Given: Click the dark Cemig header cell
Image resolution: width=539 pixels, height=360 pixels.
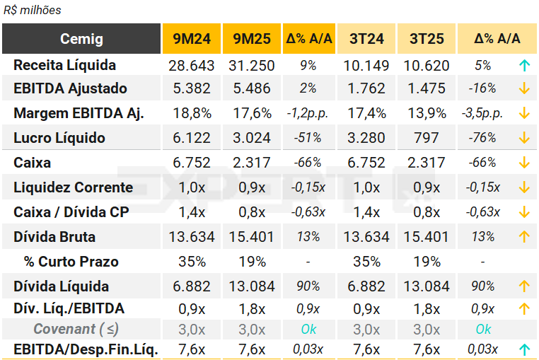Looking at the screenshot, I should coord(81,39).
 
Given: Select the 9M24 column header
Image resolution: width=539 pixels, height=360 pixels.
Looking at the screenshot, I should coord(191,39).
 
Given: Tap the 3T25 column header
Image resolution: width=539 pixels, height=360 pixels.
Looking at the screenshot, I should coord(427,39).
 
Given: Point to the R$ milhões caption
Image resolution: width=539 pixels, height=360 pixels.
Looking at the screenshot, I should coord(32,10).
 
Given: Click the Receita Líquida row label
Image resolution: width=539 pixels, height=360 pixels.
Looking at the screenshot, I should coord(64,65).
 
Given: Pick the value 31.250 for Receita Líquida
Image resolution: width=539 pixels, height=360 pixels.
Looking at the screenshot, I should coord(251,65).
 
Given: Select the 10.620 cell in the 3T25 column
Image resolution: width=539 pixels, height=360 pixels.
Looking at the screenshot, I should coord(427,65).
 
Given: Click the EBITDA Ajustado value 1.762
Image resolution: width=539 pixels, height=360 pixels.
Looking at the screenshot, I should coord(366,88).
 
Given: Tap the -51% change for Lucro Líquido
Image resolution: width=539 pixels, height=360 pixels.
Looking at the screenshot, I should coord(308,138).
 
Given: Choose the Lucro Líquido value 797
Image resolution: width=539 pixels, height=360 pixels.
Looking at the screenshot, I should coord(427,138).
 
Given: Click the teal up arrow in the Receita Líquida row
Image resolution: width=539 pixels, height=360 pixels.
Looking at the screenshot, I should coord(523,65).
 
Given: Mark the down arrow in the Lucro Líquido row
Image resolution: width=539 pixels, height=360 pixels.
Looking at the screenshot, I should coord(523,138).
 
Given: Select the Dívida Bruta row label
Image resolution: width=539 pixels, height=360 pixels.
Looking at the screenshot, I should coord(54,237).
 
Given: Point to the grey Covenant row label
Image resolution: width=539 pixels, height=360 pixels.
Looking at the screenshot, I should coord(76,329).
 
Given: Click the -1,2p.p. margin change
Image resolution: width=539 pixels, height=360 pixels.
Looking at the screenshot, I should coord(308,113).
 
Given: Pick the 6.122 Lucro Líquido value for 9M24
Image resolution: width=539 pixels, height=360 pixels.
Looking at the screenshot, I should coord(191,138).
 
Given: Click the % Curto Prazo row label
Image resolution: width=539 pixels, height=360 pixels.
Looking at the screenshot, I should coord(71,262).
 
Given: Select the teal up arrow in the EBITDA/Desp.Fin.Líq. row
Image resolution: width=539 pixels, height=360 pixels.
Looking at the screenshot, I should coord(523,349).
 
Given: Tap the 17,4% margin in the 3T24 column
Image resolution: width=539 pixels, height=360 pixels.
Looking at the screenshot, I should coord(366,113).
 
